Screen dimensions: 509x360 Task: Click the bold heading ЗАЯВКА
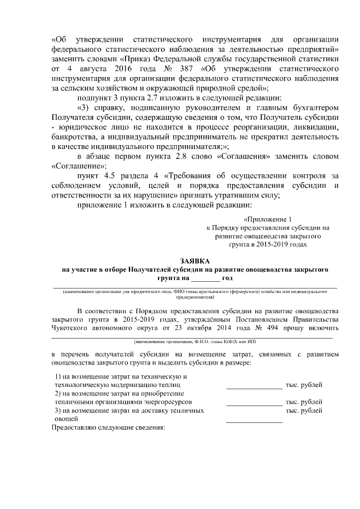(x=195, y=261)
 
